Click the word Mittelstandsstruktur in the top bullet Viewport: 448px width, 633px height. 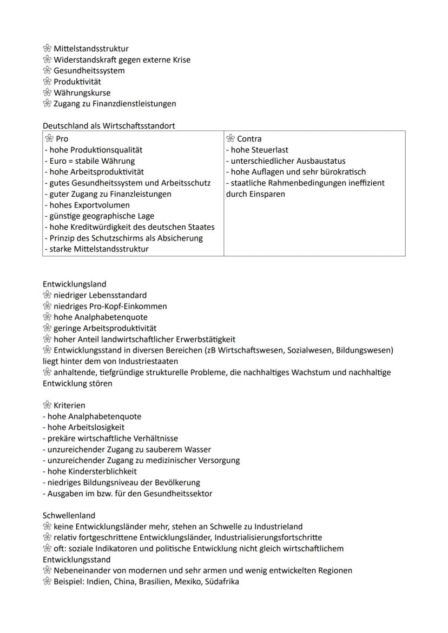click(91, 49)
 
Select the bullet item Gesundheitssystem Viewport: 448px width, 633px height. click(89, 70)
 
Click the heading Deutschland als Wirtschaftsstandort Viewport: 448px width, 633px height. click(109, 125)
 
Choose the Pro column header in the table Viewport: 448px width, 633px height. click(62, 138)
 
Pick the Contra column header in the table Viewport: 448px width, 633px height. click(249, 138)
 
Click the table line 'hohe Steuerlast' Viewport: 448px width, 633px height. click(257, 150)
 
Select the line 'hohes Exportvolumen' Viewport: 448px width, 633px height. click(86, 205)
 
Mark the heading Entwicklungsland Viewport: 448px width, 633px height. click(74, 284)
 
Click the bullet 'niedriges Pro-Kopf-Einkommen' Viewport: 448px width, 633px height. click(110, 306)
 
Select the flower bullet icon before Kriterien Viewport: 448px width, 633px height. click(47, 405)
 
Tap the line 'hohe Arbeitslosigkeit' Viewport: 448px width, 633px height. click(83, 427)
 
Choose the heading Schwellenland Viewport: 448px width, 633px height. click(69, 516)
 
